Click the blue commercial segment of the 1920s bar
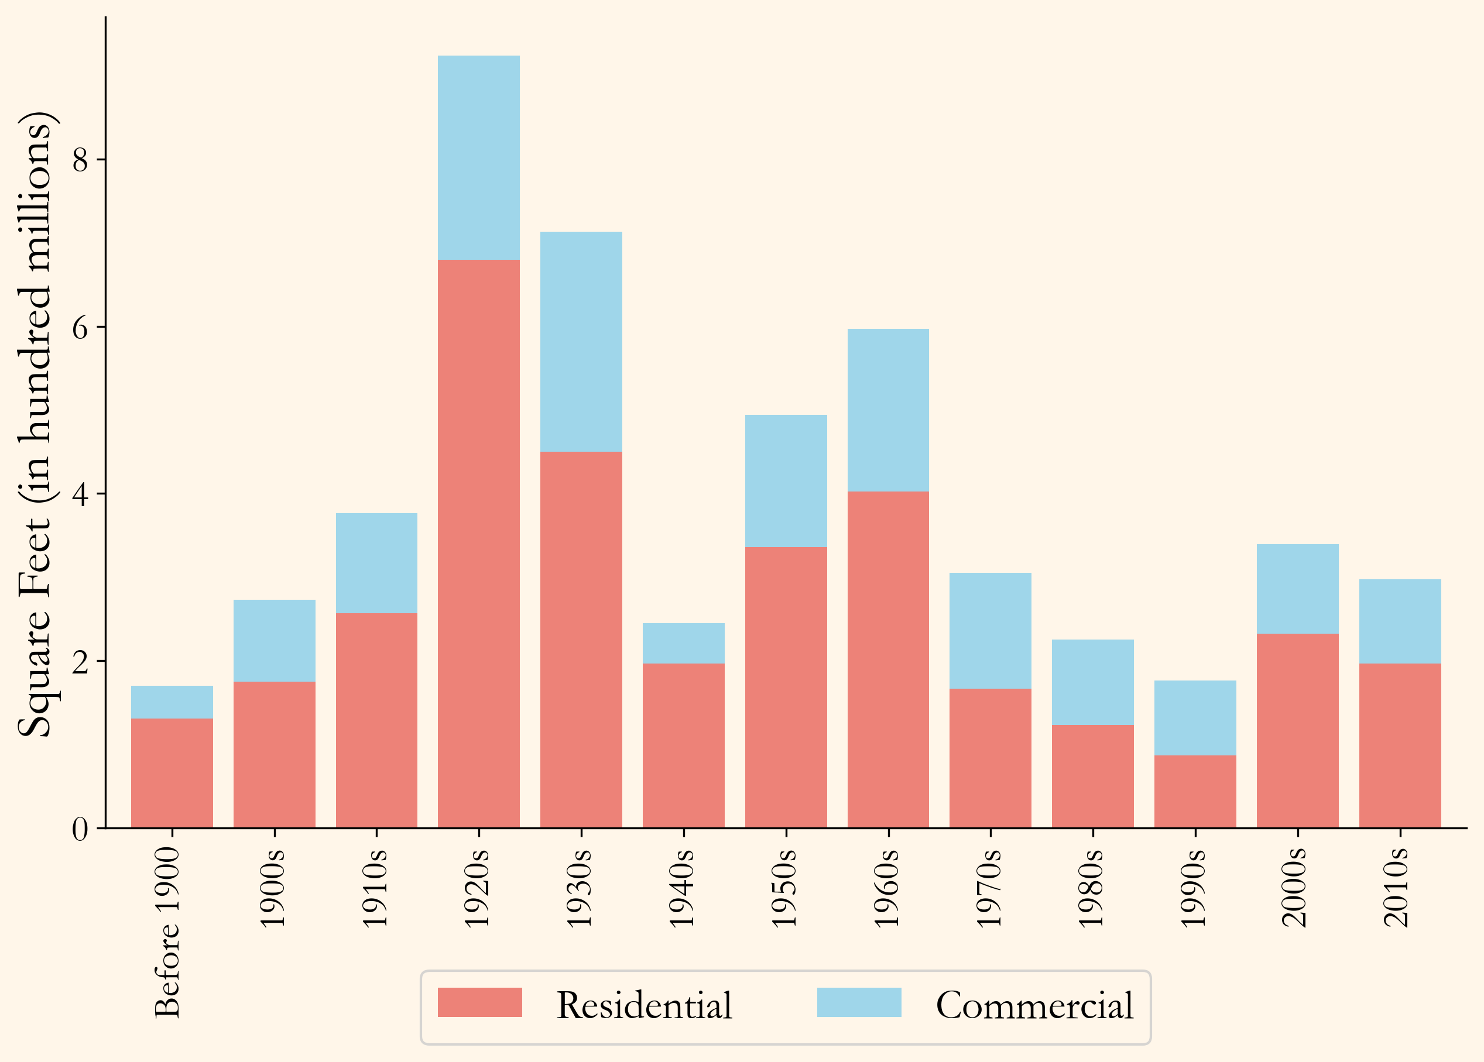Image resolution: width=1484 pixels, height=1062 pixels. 478,157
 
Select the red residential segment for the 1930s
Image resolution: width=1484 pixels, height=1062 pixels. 581,639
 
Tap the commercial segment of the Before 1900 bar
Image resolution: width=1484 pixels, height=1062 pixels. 172,702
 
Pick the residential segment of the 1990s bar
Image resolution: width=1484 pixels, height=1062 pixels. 1195,791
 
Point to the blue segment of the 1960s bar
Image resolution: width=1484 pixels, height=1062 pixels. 888,410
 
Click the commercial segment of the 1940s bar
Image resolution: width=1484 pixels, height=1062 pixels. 683,643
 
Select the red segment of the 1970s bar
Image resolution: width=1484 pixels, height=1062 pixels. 990,758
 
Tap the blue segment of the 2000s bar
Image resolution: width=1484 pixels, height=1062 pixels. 1297,589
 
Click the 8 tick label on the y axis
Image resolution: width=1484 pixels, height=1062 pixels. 80,160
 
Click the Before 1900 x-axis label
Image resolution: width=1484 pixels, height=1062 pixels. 167,932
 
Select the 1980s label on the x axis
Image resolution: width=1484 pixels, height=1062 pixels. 1091,888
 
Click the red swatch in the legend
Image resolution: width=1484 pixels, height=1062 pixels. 479,1002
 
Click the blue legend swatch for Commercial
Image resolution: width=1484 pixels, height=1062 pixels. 859,1002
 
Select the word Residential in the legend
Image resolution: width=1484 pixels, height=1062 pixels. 644,1005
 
